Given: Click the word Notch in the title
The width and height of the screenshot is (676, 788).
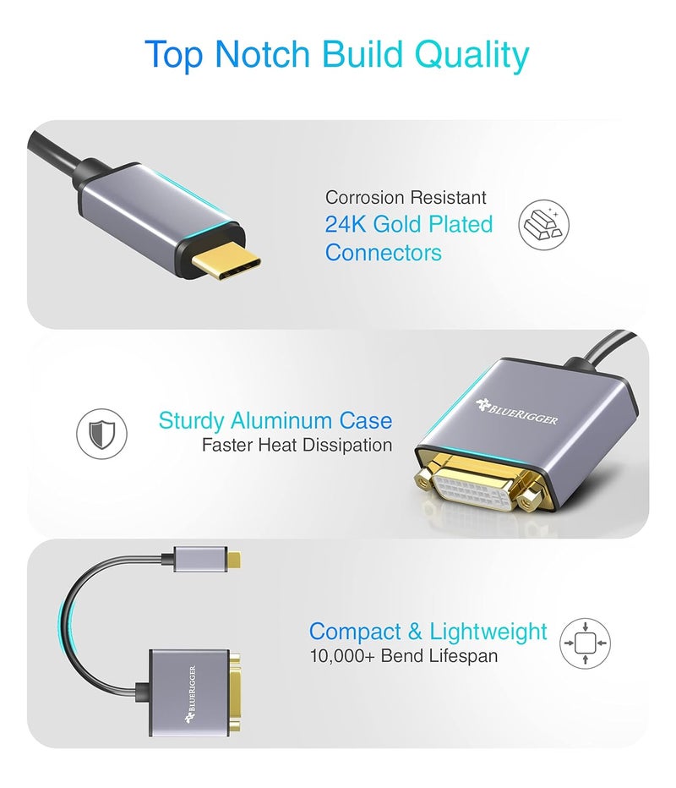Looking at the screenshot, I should [264, 55].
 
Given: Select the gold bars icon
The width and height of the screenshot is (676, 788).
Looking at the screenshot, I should [543, 225].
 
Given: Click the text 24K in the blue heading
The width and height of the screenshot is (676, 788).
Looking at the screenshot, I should [346, 224].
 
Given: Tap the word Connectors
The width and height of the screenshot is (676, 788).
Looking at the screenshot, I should [383, 252].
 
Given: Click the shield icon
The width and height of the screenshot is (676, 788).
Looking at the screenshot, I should [101, 435].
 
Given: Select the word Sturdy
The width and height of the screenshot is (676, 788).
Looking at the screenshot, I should [192, 420].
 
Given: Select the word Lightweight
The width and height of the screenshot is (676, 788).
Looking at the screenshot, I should [488, 632].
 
